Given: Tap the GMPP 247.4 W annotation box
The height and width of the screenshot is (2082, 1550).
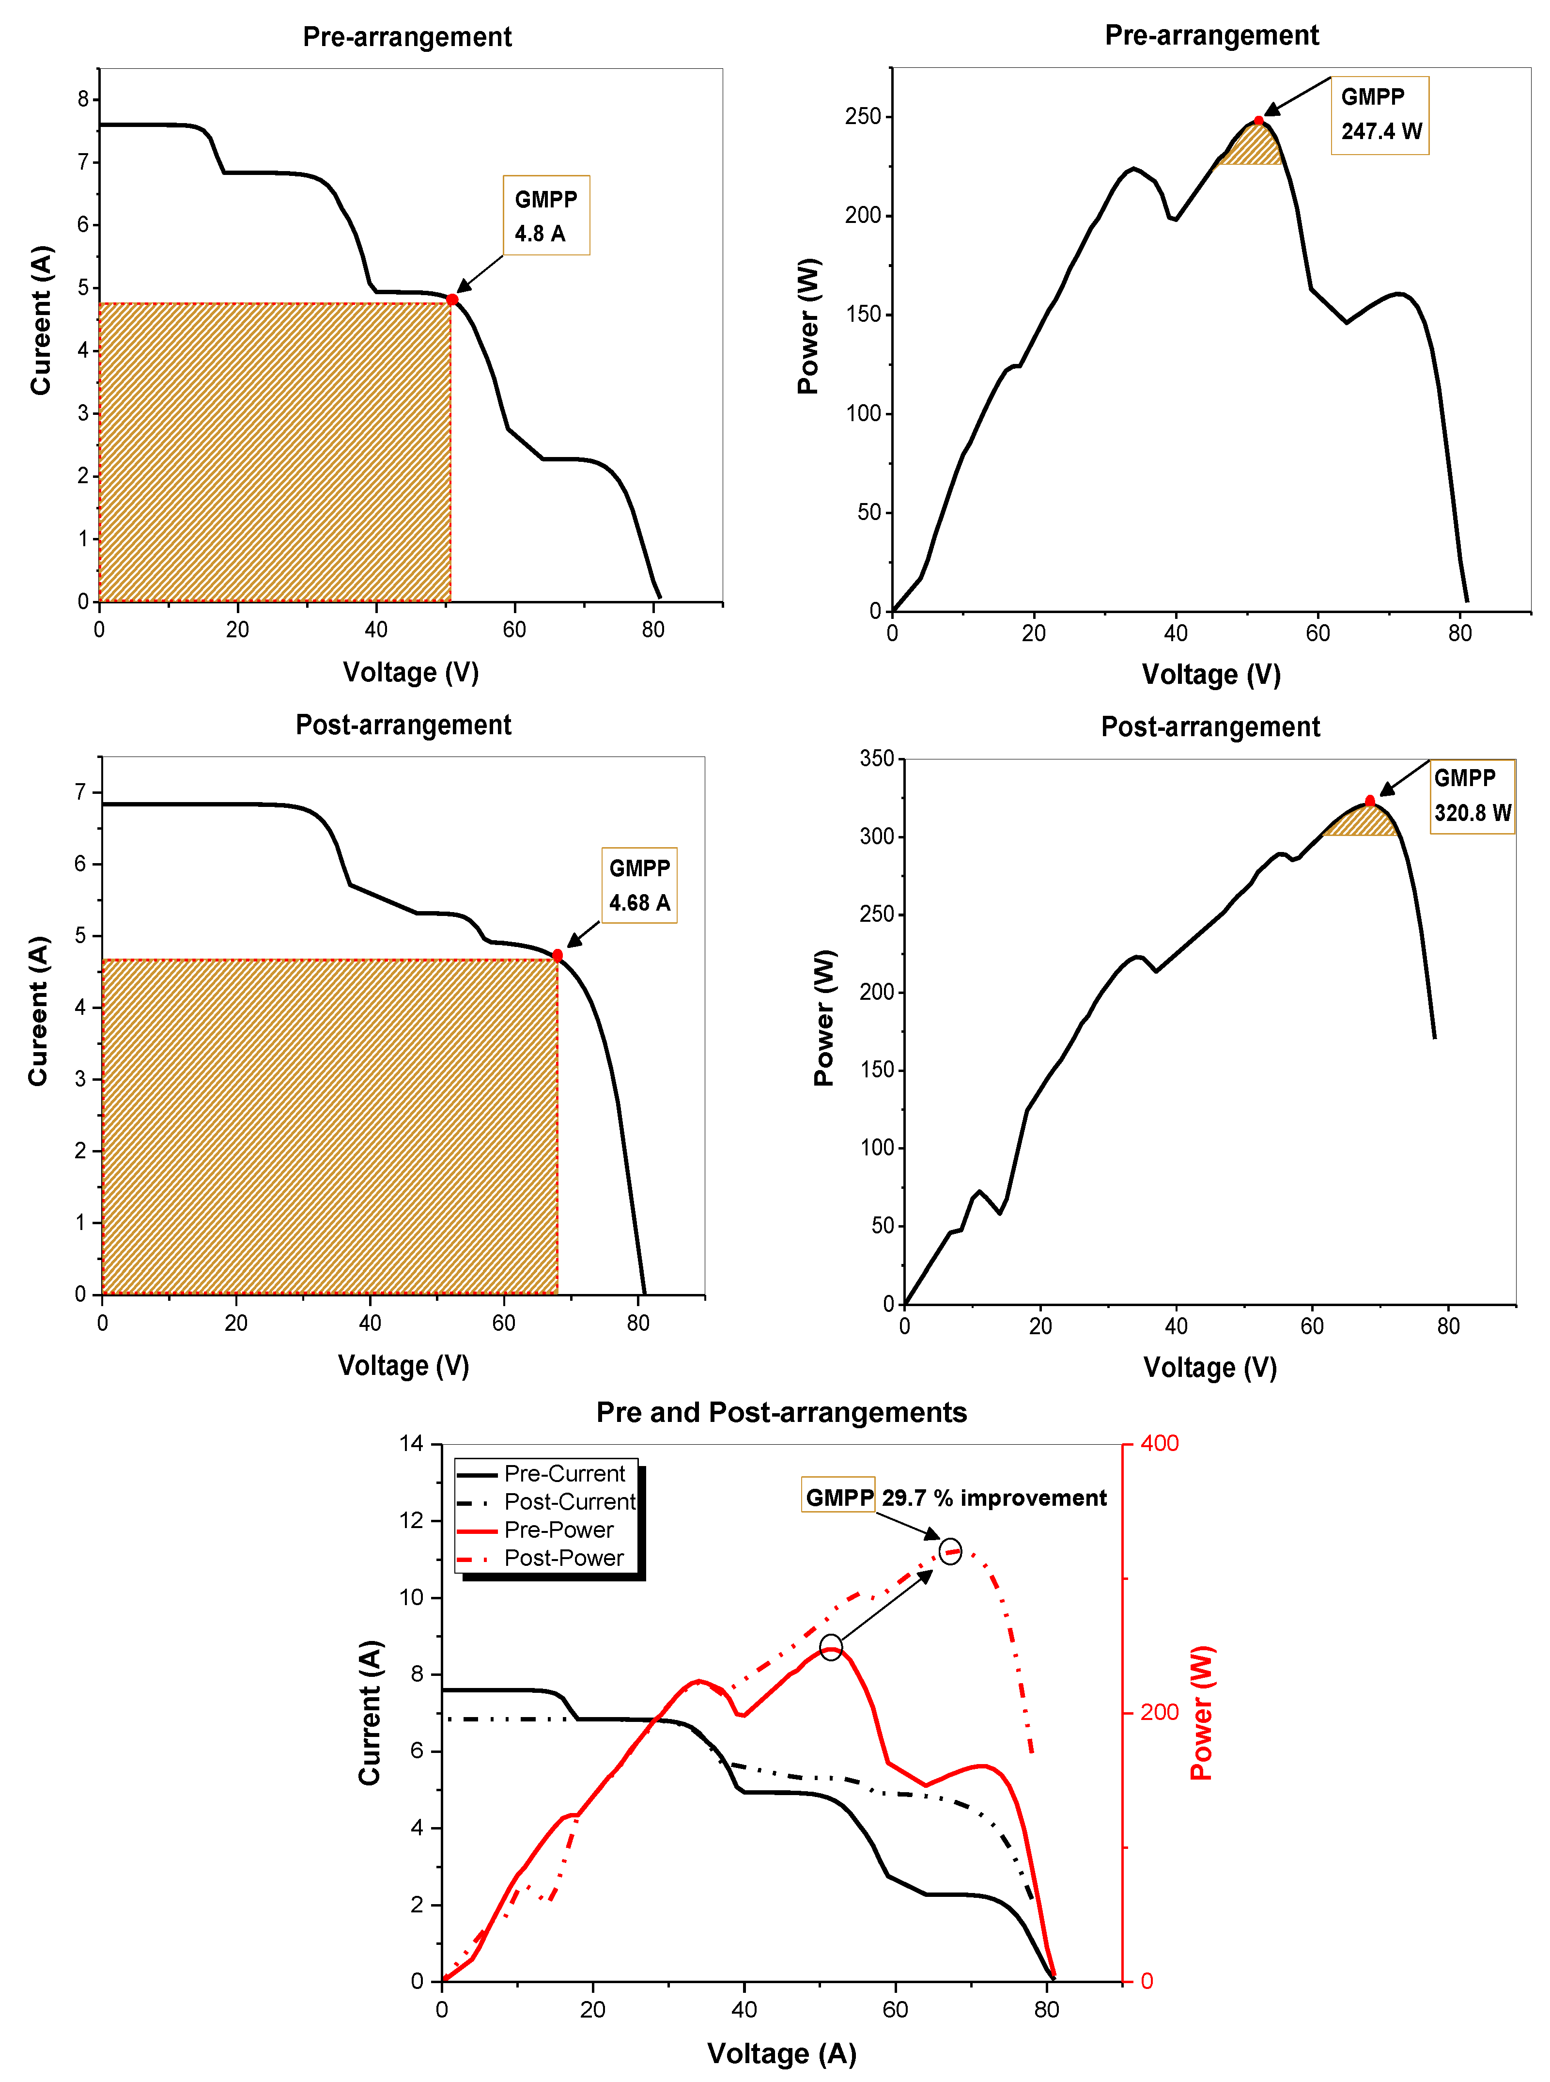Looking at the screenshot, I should [1379, 114].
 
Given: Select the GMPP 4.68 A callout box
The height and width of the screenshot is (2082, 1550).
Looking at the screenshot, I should [639, 885].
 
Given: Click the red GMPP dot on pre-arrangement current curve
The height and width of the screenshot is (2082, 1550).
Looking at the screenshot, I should [452, 300].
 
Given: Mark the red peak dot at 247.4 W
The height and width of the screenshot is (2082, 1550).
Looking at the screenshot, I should [1258, 121].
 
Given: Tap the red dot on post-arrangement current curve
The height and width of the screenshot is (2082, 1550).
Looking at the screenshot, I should [558, 956].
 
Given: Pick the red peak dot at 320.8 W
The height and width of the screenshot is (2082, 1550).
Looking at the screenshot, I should [1370, 801].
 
